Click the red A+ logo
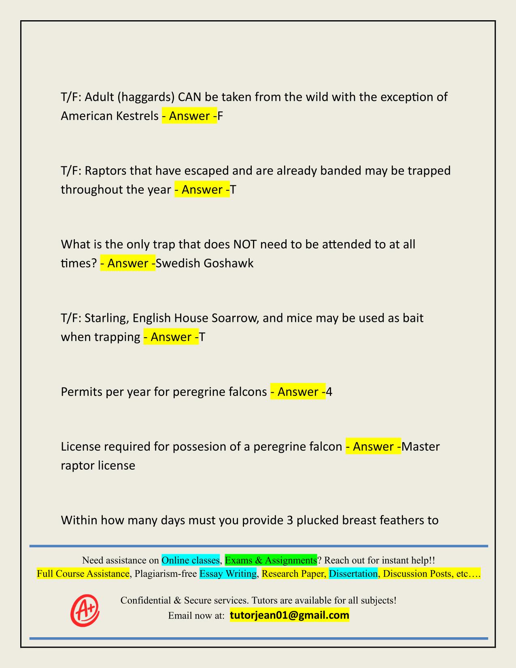coord(85,611)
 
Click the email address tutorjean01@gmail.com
coord(289,615)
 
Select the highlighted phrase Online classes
coord(191,560)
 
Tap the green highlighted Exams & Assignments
coord(271,560)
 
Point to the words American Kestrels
coord(110,116)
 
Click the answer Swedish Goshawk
coord(205,264)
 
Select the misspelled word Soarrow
coord(235,318)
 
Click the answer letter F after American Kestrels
coord(221,116)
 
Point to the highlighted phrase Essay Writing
coord(228,574)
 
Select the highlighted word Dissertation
coord(353,574)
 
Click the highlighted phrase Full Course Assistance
coord(83,574)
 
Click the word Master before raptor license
coord(421,447)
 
